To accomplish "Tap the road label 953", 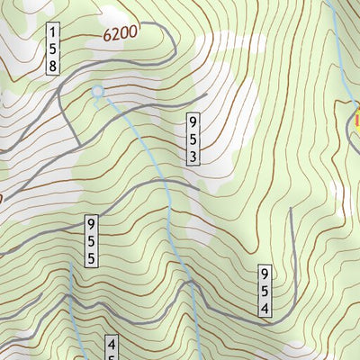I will pos(193,138).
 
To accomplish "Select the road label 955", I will pos(92,239).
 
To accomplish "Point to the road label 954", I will pos(265,290).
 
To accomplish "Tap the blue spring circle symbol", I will pos(98,91).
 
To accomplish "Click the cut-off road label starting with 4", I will pos(112,348).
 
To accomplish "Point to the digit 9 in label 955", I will pos(92,222).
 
